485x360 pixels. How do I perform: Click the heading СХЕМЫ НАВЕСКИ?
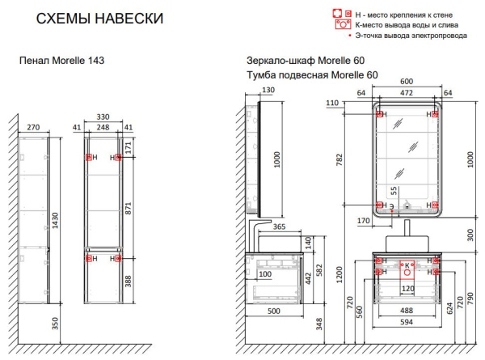99,19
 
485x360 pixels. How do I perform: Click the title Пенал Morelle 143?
62,61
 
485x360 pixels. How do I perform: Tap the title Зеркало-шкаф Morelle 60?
306,61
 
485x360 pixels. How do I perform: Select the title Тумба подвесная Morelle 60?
312,75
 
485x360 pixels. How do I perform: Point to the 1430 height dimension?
55,220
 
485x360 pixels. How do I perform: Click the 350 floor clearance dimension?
55,324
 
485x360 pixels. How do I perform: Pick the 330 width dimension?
103,116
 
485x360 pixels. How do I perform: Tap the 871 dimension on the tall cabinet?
129,209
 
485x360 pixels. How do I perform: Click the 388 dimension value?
129,281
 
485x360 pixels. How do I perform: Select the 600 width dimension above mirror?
407,82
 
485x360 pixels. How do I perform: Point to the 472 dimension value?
407,92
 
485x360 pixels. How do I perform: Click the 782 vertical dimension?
339,159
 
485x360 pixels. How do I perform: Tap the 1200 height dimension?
339,274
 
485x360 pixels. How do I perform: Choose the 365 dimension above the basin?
279,227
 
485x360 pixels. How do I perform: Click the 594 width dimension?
407,322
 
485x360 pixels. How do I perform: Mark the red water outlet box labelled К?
407,269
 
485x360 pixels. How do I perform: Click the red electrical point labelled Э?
391,211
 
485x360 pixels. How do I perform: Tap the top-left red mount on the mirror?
380,114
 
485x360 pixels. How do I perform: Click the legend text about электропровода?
411,36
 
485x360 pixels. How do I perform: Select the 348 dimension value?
319,324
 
